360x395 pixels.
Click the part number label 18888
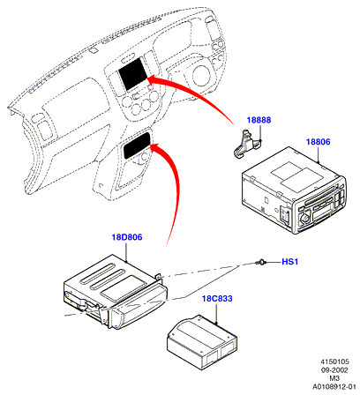[x=259, y=120]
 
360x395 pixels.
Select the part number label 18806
[x=319, y=142]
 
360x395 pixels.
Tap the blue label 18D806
[x=127, y=237]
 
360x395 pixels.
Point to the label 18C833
[x=217, y=298]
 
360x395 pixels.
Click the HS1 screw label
[x=290, y=261]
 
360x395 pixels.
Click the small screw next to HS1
[x=261, y=262]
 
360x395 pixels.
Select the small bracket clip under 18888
[x=247, y=143]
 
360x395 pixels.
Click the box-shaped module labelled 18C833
[x=202, y=342]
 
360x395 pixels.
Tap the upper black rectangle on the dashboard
[x=132, y=74]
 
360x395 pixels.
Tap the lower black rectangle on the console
[x=138, y=145]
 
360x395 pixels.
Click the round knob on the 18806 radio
[x=304, y=219]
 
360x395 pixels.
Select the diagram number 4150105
[x=334, y=361]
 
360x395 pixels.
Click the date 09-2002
[x=334, y=369]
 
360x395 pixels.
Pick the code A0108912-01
[x=334, y=386]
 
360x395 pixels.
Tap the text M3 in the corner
[x=334, y=378]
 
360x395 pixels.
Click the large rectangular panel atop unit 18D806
[x=123, y=288]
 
